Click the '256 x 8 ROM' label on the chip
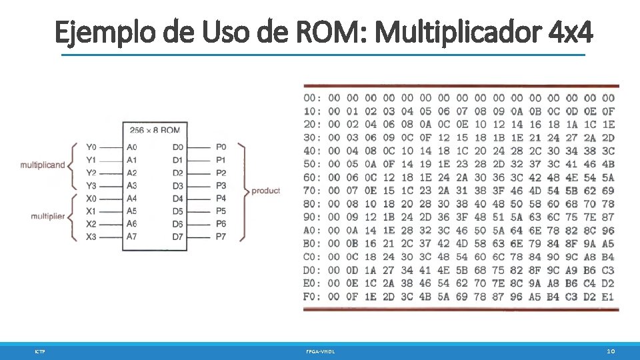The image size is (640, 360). [155, 130]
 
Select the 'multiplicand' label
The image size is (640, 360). [43, 165]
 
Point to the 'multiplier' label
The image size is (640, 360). [48, 215]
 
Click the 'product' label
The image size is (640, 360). [265, 191]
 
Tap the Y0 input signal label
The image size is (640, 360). [91, 147]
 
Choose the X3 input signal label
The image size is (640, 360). [91, 237]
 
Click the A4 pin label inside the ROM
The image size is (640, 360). [132, 198]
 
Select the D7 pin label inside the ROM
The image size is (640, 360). [177, 237]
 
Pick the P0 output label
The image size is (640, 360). [221, 147]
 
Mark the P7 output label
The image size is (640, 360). [221, 237]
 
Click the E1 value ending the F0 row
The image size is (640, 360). [607, 297]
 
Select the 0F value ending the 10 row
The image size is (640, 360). [607, 111]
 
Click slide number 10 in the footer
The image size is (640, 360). [611, 351]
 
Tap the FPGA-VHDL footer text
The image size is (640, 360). [320, 351]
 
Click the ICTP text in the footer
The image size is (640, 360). [40, 351]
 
